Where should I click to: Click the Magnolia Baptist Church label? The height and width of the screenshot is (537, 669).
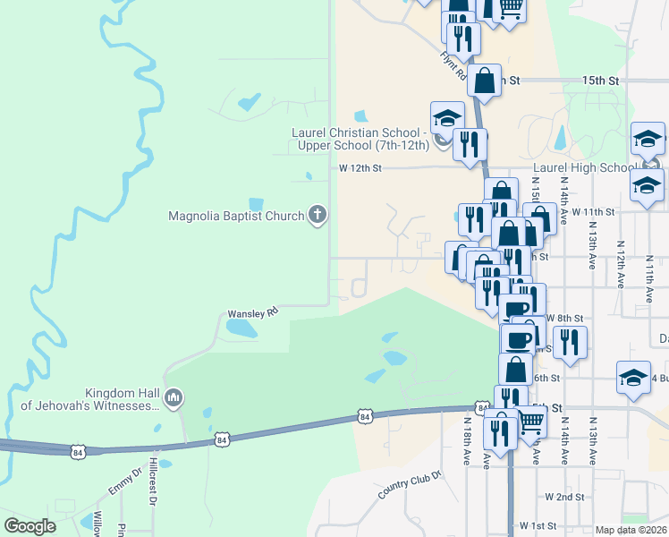click(237, 216)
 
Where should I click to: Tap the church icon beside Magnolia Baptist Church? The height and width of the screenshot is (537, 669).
click(317, 215)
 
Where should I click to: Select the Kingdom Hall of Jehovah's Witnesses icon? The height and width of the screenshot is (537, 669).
click(174, 396)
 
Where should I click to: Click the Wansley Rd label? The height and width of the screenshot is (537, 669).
click(254, 312)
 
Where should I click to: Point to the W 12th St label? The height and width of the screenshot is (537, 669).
click(360, 167)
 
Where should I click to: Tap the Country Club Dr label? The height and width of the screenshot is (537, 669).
click(411, 487)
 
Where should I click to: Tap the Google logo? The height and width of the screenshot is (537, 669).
click(30, 526)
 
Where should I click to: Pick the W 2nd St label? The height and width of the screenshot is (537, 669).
click(564, 497)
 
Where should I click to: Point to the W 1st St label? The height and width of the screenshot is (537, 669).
click(538, 526)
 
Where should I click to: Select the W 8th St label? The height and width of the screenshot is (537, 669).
click(565, 318)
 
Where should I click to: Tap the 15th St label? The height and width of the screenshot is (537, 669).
click(600, 81)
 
